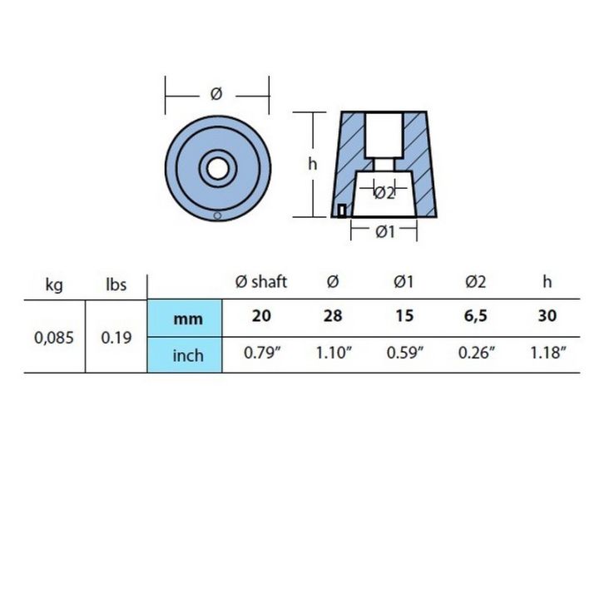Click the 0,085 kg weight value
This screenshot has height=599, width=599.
(52, 338)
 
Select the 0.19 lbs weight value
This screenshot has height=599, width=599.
(116, 338)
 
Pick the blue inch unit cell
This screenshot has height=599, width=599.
(186, 356)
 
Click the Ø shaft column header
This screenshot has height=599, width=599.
(261, 282)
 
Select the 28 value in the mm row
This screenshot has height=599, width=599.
(333, 317)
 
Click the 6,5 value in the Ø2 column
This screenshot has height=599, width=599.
(475, 317)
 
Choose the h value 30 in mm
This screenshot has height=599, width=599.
(547, 317)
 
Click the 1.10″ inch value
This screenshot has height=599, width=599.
(333, 353)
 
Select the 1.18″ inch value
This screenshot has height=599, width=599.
(547, 353)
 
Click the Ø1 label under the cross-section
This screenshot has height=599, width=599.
(384, 232)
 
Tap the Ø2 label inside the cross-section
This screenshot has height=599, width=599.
(384, 193)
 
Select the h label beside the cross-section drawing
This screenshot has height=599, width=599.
(313, 165)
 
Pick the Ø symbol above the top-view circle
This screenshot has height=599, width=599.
(216, 95)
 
